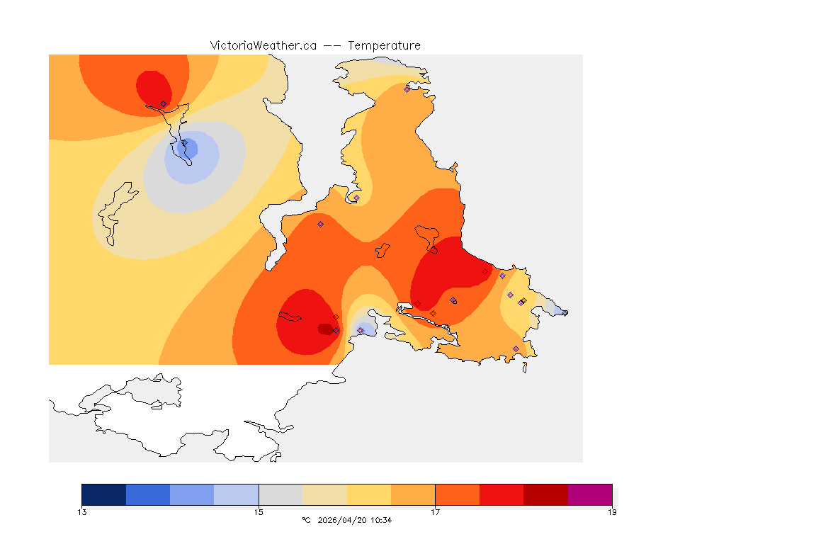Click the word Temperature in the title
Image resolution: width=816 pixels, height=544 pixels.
pyautogui.click(x=384, y=45)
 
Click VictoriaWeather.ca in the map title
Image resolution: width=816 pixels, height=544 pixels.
pyautogui.click(x=263, y=45)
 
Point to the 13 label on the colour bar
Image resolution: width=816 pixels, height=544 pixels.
pyautogui.click(x=82, y=512)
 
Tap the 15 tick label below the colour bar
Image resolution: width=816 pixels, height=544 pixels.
pyautogui.click(x=259, y=512)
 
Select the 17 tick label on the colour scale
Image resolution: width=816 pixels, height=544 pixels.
pyautogui.click(x=435, y=512)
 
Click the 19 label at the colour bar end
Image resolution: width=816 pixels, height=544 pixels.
pyautogui.click(x=612, y=512)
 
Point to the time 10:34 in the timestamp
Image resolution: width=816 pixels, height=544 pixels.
pyautogui.click(x=382, y=521)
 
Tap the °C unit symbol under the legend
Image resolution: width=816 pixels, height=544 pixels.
pyautogui.click(x=306, y=521)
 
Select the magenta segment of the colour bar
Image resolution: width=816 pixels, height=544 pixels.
pyautogui.click(x=590, y=494)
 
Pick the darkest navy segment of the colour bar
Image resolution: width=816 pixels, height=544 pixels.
pyautogui.click(x=104, y=494)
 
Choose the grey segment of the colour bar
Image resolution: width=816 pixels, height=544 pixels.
pyautogui.click(x=280, y=494)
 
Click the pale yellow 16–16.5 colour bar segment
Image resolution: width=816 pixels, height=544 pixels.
pyautogui.click(x=369, y=494)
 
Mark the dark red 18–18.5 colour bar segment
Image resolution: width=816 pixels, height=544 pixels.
pyautogui.click(x=545, y=494)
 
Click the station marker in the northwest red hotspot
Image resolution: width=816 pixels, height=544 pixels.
pyautogui.click(x=163, y=103)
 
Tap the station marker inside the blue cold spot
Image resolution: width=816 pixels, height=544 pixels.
pyautogui.click(x=185, y=143)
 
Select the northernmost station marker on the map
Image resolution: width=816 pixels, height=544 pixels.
pyautogui.click(x=407, y=89)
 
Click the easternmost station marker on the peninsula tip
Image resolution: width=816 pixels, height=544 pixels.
pyautogui.click(x=565, y=312)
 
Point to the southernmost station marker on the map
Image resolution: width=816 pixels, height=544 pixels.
pyautogui.click(x=516, y=348)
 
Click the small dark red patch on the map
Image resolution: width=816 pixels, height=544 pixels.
pyautogui.click(x=325, y=329)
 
